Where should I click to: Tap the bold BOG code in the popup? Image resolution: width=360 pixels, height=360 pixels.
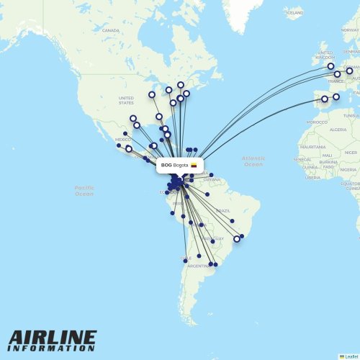pos(166,165)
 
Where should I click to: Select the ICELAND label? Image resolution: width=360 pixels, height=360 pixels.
pos(294,13)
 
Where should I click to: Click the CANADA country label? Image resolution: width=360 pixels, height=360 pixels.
pos(110,30)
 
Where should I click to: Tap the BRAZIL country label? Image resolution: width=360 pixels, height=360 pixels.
pos(222,210)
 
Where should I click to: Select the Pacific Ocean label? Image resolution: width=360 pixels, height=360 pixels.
pos(84,190)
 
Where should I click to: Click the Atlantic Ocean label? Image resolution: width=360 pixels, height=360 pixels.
pos(253,161)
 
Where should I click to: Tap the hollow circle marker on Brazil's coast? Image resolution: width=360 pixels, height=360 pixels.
pos(236,239)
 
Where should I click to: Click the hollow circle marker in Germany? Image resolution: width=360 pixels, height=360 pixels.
pos(349,71)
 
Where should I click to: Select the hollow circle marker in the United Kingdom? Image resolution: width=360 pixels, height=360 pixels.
pos(330,66)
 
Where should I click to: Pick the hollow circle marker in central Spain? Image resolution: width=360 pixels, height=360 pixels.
pos(324,99)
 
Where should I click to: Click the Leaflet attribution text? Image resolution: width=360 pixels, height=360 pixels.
pos(351,356)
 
